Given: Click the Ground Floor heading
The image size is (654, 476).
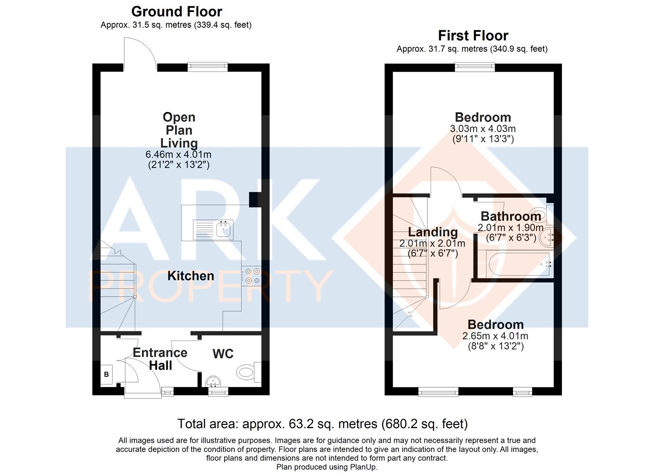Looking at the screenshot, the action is (177, 12).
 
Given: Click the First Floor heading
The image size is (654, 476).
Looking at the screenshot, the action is (473, 36).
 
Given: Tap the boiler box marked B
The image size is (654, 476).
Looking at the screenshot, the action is (106, 374).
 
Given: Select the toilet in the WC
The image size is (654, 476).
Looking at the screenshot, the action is (248, 372).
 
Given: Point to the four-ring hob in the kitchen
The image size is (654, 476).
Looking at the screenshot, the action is (251, 276).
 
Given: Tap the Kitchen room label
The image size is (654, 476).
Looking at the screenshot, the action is (191, 276).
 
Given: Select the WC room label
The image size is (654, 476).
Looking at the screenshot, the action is (223, 354).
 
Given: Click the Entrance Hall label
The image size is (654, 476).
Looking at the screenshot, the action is (160, 359).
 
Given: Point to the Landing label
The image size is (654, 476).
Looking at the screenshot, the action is (432, 232).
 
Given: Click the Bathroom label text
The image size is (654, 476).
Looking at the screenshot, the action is (511, 216).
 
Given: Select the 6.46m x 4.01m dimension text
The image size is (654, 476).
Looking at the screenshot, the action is (178, 154).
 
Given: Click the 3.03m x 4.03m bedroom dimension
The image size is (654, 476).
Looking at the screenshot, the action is (483, 129).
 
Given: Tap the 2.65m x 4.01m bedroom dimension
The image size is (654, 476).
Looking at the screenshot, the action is (495, 336).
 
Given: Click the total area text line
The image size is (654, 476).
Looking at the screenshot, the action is (323, 424).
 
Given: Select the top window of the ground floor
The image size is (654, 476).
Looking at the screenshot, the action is (207, 67).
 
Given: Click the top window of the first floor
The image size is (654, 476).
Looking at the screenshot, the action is (475, 67).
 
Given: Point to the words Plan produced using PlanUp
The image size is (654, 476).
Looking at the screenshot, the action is (327, 467).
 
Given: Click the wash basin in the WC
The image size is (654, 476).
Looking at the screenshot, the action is (213, 381).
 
